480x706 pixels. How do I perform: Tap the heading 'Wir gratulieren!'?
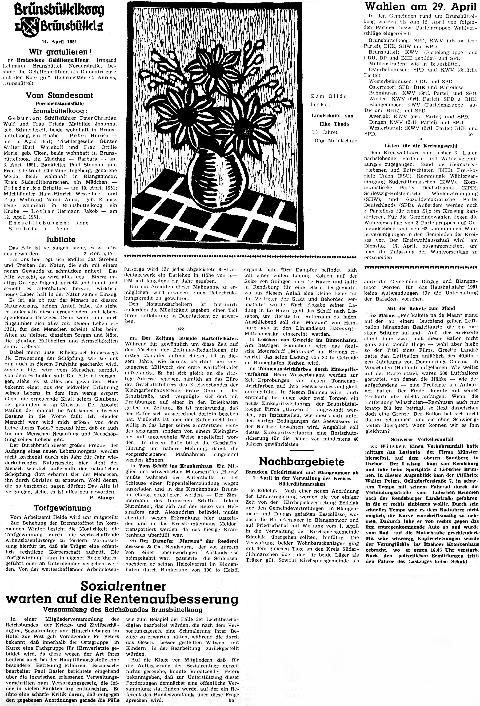60,52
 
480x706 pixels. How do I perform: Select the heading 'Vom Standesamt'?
59,95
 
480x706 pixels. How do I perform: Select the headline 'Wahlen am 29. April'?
421,6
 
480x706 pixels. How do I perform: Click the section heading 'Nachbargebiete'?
302,462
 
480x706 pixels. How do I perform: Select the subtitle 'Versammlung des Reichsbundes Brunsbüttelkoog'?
123,610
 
